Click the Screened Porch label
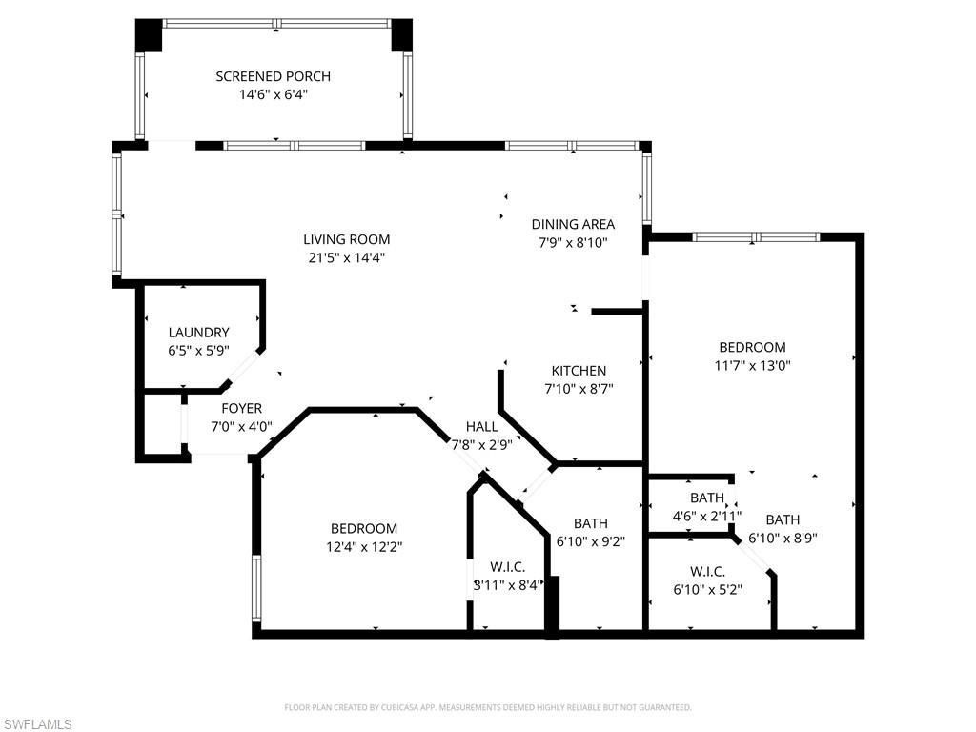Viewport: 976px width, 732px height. tap(273, 76)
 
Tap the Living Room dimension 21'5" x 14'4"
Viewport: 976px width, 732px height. tap(346, 257)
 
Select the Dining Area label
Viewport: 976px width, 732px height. tap(573, 224)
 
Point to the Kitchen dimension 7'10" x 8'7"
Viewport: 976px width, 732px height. tap(579, 389)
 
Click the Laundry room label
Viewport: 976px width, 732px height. tap(198, 333)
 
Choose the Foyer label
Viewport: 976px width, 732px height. tap(241, 409)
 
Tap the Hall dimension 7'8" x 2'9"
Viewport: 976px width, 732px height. tap(482, 443)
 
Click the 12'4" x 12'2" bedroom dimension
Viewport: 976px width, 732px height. tap(363, 546)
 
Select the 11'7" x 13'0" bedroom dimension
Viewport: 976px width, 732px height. tap(752, 365)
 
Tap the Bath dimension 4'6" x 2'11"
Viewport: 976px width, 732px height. tap(707, 516)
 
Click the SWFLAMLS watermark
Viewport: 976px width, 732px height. tap(37, 725)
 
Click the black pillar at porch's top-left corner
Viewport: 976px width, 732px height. tap(149, 35)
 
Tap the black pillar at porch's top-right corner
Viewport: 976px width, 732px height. tap(401, 35)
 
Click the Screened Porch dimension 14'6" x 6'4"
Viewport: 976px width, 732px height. tap(273, 94)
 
